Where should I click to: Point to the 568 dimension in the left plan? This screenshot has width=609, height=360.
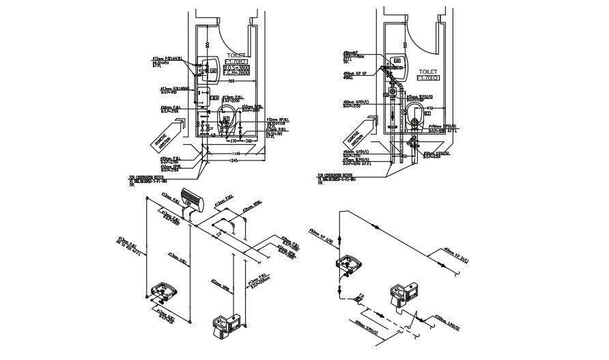(231, 81)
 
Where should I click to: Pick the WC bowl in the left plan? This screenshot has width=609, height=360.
(227, 113)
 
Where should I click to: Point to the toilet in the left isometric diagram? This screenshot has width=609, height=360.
(227, 327)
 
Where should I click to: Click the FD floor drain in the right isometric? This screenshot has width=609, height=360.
(358, 299)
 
